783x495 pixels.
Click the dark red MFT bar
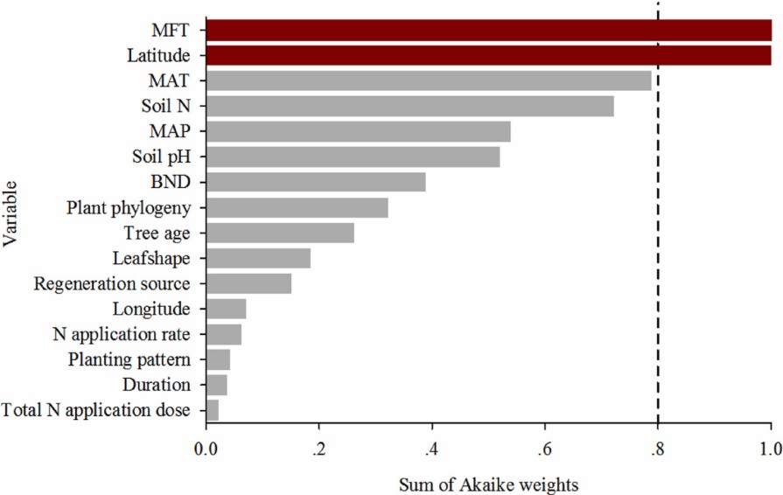point(488,31)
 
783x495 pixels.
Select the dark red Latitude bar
point(488,56)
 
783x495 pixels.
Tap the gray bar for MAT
point(429,81)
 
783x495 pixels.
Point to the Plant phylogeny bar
point(297,207)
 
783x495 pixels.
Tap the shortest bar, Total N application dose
point(212,409)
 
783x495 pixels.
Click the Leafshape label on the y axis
point(150,258)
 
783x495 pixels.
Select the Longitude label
point(150,309)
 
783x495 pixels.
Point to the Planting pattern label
point(130,359)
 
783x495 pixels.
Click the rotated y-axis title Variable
point(11,220)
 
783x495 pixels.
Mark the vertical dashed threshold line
point(658,262)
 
